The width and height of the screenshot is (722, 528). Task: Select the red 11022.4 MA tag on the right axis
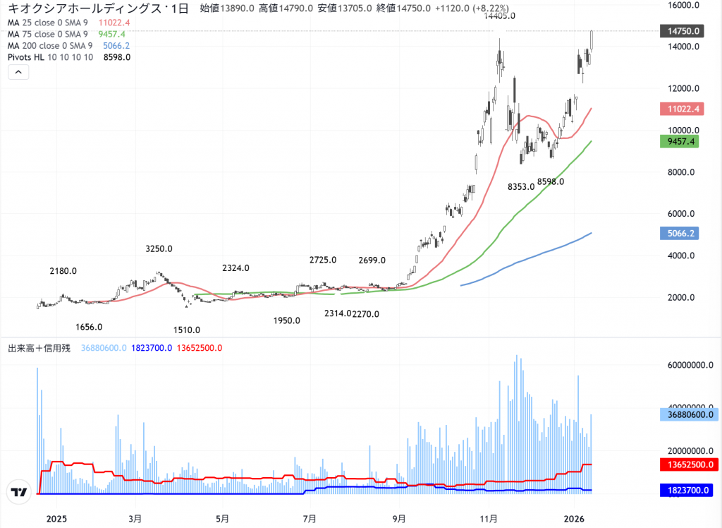click(680, 109)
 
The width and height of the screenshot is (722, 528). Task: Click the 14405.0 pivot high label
click(499, 16)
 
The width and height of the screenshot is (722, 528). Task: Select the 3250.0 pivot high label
click(159, 248)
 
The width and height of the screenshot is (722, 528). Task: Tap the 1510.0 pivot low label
click(187, 330)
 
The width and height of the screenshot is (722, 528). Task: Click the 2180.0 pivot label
click(63, 271)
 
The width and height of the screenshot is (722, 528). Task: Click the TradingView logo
click(19, 492)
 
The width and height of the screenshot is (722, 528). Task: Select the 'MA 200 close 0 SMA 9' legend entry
click(48, 46)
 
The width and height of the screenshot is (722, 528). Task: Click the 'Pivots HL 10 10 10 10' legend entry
click(50, 57)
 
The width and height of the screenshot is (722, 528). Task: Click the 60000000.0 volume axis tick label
click(685, 366)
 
